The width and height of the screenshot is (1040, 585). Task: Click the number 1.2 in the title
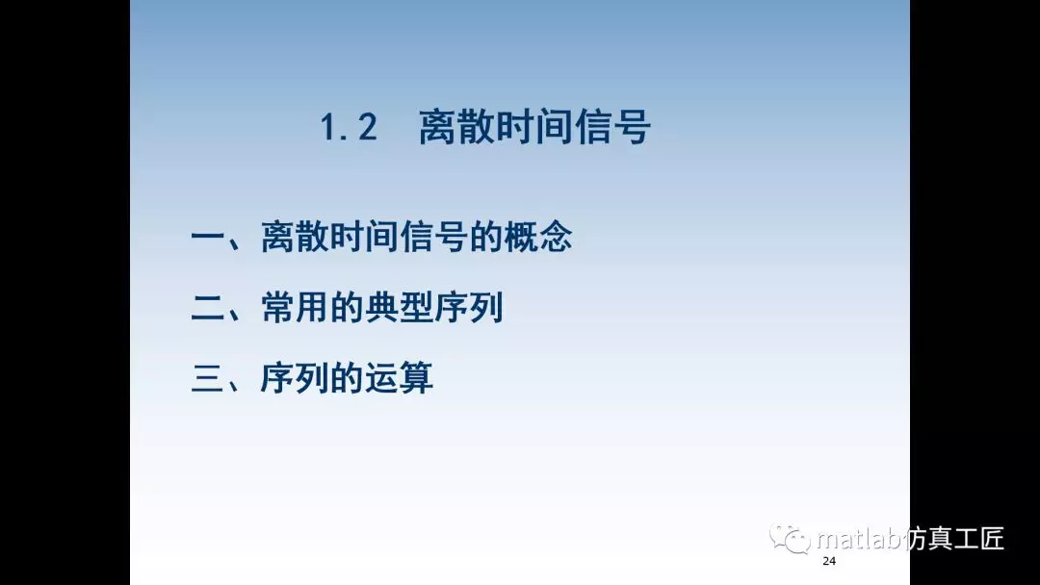pyautogui.click(x=349, y=129)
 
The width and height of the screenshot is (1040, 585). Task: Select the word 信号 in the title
pyautogui.click(x=615, y=128)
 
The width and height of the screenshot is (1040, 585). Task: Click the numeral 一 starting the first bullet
pyautogui.click(x=209, y=238)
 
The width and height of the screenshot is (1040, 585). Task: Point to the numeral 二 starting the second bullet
pyautogui.click(x=209, y=309)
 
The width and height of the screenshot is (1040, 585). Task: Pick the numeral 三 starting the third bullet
pyautogui.click(x=209, y=378)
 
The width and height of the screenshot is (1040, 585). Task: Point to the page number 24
pyautogui.click(x=829, y=562)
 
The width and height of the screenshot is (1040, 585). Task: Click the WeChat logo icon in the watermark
pyautogui.click(x=791, y=539)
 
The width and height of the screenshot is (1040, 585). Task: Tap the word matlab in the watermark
pyautogui.click(x=858, y=539)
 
